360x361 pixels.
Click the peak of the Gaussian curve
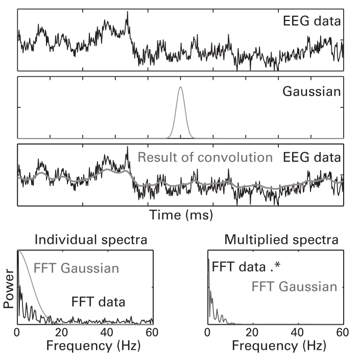[x=180, y=87]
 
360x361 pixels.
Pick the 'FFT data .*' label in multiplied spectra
[x=244, y=266]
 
